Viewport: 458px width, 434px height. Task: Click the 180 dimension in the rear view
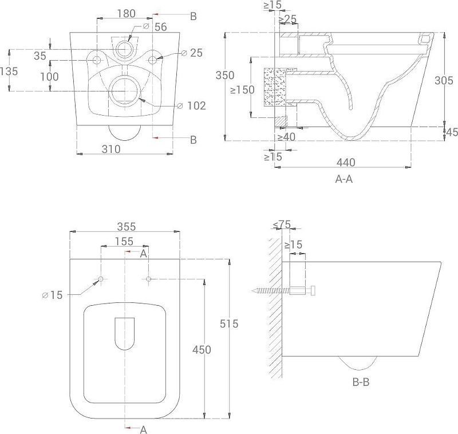tap(126, 13)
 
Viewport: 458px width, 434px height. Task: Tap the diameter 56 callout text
tap(155, 27)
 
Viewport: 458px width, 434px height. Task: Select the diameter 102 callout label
tap(192, 106)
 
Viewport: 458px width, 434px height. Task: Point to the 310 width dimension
tap(111, 149)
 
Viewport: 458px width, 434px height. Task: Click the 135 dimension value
tap(9, 71)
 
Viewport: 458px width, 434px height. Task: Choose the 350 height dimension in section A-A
tap(225, 76)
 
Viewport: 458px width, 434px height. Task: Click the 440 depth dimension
tap(346, 163)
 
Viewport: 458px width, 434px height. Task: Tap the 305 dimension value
tap(444, 80)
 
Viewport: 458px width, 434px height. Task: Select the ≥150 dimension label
tap(242, 90)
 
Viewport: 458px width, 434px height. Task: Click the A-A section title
tap(344, 179)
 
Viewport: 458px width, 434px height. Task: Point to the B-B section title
tap(361, 382)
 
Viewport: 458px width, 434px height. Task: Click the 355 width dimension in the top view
tap(127, 227)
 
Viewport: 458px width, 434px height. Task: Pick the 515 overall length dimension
tap(229, 323)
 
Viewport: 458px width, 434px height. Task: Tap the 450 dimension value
tap(202, 350)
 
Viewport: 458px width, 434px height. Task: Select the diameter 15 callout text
tap(52, 295)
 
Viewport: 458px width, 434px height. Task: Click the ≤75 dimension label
tap(282, 224)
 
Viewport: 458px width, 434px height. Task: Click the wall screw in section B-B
tap(283, 291)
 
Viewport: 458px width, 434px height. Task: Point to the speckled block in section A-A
tap(275, 88)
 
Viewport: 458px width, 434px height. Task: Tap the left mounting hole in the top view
tap(101, 279)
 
